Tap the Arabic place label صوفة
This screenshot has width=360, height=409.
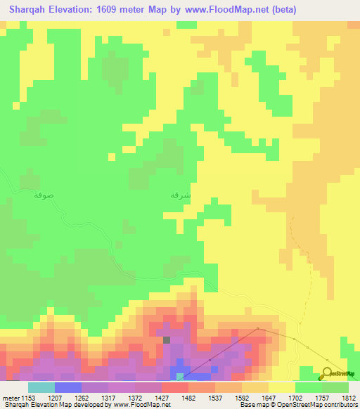(44, 196)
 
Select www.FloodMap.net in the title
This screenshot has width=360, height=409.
(226, 10)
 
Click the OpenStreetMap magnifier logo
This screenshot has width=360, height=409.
(328, 374)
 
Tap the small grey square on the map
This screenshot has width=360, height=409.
(167, 340)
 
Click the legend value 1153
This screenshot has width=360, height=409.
(27, 397)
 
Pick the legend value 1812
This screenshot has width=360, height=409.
(349, 397)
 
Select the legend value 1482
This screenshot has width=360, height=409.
(188, 397)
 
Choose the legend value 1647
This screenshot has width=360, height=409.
(269, 397)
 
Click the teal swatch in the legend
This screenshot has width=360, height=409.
(41, 387)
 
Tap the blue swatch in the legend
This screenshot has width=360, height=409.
(68, 387)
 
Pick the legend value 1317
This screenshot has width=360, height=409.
(108, 397)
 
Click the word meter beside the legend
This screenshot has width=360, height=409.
(10, 397)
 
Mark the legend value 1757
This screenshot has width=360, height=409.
(322, 397)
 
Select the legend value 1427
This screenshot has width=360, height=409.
(162, 397)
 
